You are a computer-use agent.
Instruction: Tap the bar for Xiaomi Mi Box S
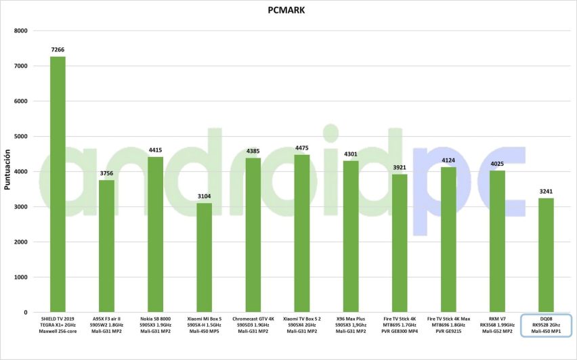205,258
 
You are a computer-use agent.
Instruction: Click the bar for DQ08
547,255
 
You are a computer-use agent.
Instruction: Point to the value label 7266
58,50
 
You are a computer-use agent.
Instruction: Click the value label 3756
107,174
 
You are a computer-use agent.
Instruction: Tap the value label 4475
302,148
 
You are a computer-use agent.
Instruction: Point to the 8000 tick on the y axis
21,31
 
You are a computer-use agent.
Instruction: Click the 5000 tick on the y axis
21,137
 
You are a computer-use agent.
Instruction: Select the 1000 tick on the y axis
21,277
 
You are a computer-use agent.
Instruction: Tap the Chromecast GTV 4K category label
253,324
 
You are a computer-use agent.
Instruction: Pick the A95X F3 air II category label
107,324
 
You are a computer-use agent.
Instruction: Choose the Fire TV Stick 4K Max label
448,324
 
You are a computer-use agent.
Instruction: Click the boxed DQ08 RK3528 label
547,325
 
